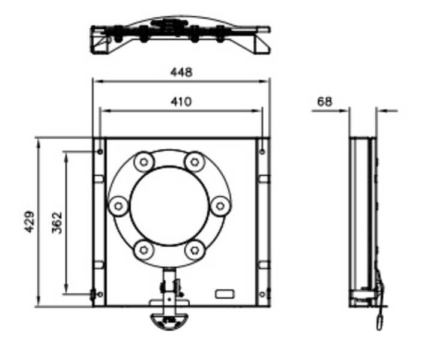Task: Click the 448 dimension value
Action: pyautogui.click(x=181, y=73)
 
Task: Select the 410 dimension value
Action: pyautogui.click(x=181, y=102)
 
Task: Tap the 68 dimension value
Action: pyautogui.click(x=325, y=102)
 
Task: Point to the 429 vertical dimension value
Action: pyautogui.click(x=29, y=221)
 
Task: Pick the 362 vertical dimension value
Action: pyautogui.click(x=57, y=223)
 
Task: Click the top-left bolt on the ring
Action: pyautogui.click(x=144, y=162)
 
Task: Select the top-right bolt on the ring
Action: pyautogui.click(x=195, y=162)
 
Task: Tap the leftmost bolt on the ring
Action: pyautogui.click(x=118, y=206)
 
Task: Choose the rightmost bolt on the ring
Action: pyautogui.click(x=220, y=206)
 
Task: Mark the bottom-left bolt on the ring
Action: pyautogui.click(x=144, y=250)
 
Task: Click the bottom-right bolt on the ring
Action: pyautogui.click(x=195, y=250)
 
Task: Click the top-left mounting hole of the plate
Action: pyautogui.click(x=100, y=152)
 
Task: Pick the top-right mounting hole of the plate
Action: pyautogui.click(x=262, y=152)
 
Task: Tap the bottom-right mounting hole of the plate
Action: pyautogui.click(x=262, y=295)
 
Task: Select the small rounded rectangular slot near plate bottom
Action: pyautogui.click(x=225, y=294)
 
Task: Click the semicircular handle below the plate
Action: pyautogui.click(x=169, y=322)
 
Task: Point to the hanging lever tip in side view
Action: pyautogui.click(x=380, y=323)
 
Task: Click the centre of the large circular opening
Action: pyautogui.click(x=169, y=206)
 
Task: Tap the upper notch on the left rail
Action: pyautogui.click(x=99, y=179)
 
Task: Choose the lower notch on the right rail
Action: pyautogui.click(x=264, y=265)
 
